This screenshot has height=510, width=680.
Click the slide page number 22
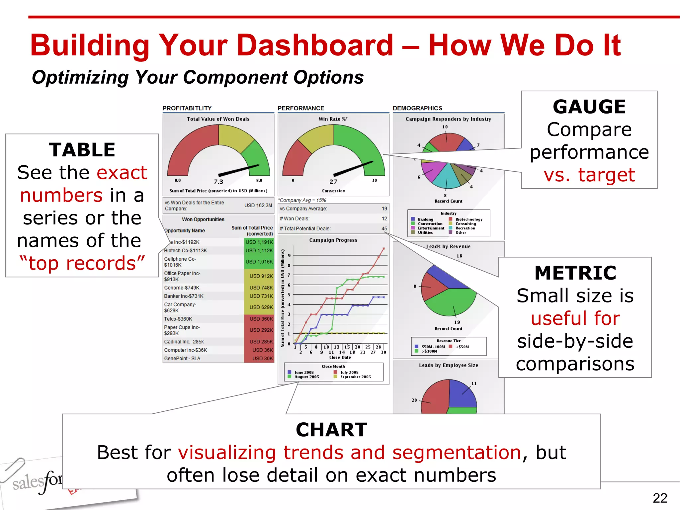pyautogui.click(x=659, y=498)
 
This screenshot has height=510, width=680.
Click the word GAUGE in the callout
pyautogui.click(x=589, y=107)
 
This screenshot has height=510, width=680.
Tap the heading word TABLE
pyautogui.click(x=82, y=150)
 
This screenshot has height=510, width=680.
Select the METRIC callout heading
pyautogui.click(x=575, y=273)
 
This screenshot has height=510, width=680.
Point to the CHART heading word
pyautogui.click(x=331, y=430)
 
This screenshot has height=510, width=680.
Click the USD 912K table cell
pyautogui.click(x=261, y=276)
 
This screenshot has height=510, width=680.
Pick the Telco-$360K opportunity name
pyautogui.click(x=178, y=319)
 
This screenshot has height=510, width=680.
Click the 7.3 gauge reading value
pyautogui.click(x=218, y=182)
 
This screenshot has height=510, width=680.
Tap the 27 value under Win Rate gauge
pyautogui.click(x=333, y=182)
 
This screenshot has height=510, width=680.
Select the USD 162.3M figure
pyautogui.click(x=258, y=206)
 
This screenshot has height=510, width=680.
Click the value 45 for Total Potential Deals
pyautogui.click(x=384, y=228)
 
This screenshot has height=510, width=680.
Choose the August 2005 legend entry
pyautogui.click(x=306, y=377)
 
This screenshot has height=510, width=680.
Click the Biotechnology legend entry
pyautogui.click(x=468, y=219)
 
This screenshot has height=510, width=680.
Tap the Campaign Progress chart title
pyautogui.click(x=333, y=240)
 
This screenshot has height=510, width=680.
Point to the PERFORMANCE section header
pyautogui.click(x=301, y=108)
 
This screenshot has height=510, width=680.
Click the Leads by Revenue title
pyautogui.click(x=448, y=246)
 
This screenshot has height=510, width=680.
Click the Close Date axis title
pyautogui.click(x=340, y=358)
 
